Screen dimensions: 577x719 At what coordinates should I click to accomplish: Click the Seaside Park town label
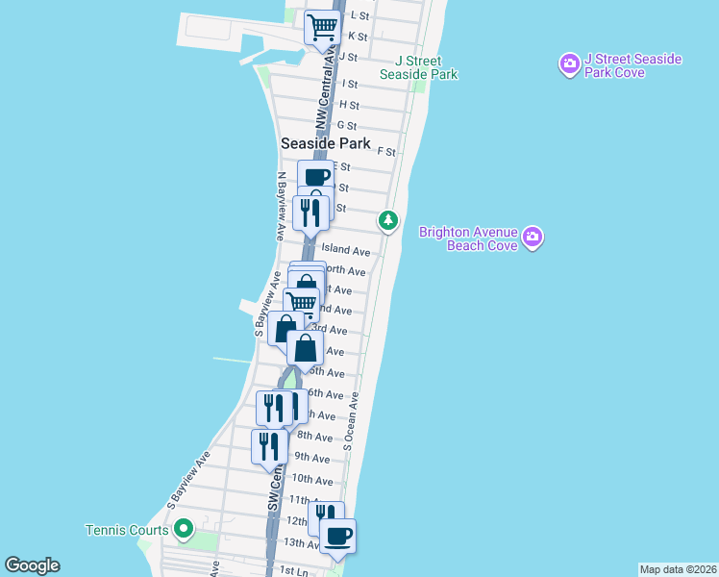(325, 143)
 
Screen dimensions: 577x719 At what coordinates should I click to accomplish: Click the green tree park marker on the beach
(387, 221)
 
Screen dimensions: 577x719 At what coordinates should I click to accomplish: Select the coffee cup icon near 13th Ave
(337, 535)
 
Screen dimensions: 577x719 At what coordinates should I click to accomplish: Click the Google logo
(32, 565)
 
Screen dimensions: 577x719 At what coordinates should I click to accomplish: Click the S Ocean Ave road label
(351, 420)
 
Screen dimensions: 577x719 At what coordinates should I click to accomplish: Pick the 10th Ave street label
(311, 479)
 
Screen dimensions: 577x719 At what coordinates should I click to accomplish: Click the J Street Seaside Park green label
(418, 67)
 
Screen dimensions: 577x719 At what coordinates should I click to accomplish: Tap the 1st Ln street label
(292, 570)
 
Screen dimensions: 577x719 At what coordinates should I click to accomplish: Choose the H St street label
(349, 105)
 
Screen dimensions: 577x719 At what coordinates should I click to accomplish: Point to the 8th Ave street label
(314, 436)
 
